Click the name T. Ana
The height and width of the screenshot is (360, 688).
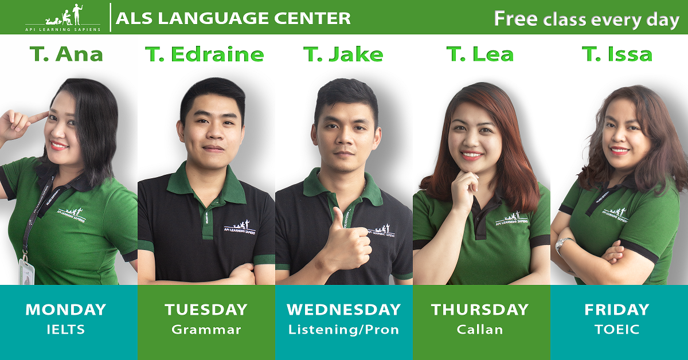(67, 54)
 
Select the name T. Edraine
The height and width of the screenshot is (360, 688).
(205, 54)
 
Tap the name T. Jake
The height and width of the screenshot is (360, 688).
(343, 54)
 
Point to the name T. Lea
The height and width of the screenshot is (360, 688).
(480, 54)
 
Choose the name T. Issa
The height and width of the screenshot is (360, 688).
(617, 54)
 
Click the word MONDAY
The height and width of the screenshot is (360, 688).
(66, 310)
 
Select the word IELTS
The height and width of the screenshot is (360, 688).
(66, 330)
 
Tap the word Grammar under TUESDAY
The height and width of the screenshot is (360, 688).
(206, 330)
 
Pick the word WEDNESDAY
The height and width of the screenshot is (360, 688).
(343, 310)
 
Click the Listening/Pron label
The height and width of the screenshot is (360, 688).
(343, 330)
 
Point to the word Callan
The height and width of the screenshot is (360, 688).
(480, 330)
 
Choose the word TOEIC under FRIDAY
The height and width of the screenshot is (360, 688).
(617, 330)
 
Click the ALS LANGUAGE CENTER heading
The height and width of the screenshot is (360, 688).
(233, 18)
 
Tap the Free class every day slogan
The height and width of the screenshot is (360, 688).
(587, 19)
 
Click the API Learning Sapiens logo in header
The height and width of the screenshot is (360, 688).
(63, 18)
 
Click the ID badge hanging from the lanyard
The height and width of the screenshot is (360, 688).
(27, 271)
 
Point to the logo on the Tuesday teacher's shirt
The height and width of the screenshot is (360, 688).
(240, 227)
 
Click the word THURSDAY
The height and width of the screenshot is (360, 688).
(480, 310)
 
